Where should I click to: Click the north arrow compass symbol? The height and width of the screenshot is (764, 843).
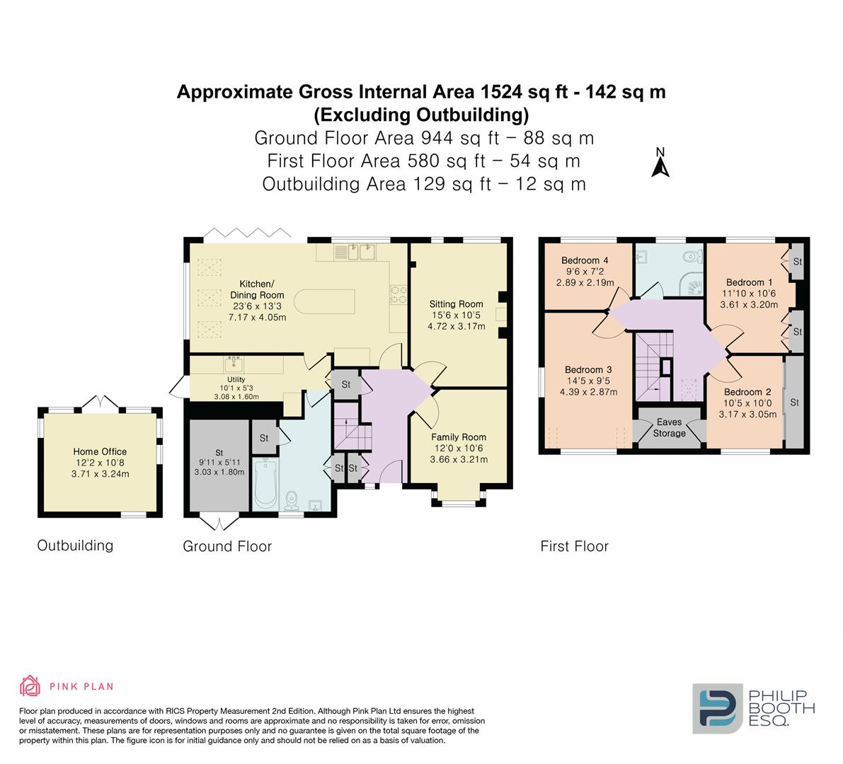(x=660, y=163)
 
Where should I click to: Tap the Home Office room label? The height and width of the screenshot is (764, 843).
(x=100, y=451)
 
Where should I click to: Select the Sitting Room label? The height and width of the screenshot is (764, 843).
(x=457, y=304)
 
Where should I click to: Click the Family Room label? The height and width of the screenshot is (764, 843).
(x=459, y=437)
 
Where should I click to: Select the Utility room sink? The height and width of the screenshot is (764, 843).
(x=234, y=364)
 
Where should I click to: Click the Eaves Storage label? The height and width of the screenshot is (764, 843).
(x=669, y=427)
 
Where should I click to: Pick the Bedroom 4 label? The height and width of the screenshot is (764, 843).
(x=585, y=260)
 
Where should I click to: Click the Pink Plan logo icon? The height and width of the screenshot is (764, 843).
(x=30, y=685)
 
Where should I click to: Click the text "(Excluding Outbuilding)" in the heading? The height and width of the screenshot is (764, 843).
(x=421, y=115)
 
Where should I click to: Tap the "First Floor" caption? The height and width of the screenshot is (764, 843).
(x=574, y=546)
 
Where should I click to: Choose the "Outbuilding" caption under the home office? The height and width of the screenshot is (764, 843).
(x=75, y=545)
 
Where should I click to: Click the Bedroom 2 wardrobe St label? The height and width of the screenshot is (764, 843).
(x=794, y=403)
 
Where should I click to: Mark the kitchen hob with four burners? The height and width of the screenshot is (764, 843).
(x=397, y=294)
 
